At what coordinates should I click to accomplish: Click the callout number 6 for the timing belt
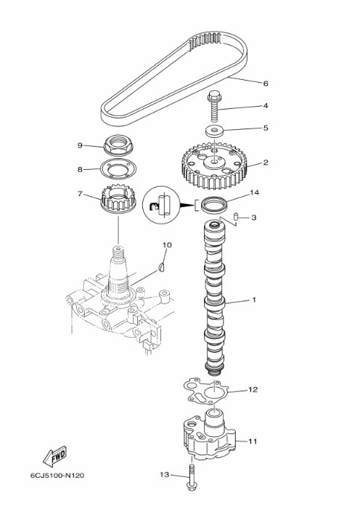(265, 83)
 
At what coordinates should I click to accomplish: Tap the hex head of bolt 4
(213, 96)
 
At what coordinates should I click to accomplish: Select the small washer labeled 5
(214, 131)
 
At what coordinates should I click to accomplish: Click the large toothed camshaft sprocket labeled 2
(215, 165)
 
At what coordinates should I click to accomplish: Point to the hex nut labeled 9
(118, 146)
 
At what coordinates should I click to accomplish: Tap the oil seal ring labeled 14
(213, 205)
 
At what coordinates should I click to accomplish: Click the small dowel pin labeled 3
(237, 217)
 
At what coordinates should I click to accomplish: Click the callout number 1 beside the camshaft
(254, 300)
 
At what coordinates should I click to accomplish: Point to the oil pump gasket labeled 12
(205, 393)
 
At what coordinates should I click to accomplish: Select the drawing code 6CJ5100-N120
(57, 476)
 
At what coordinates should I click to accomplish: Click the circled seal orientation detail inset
(161, 205)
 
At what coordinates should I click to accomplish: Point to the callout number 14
(255, 192)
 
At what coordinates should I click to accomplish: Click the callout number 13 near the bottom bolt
(165, 475)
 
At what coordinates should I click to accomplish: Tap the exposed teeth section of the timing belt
(205, 41)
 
